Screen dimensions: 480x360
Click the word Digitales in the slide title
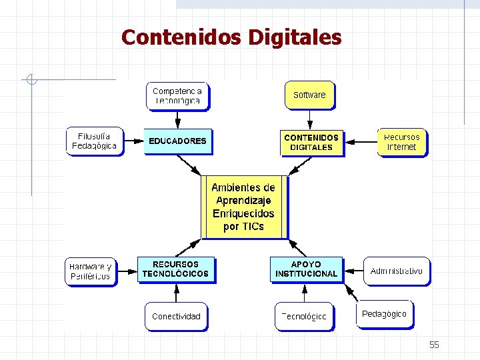(295, 37)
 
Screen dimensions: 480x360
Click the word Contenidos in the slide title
(181, 37)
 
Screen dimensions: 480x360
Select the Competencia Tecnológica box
(177, 95)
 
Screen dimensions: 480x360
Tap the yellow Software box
(309, 95)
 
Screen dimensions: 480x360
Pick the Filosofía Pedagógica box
(95, 141)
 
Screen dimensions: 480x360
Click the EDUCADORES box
(177, 141)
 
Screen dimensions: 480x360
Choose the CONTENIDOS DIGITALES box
(311, 142)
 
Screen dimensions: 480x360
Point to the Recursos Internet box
(402, 142)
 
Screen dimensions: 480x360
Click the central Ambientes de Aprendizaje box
(244, 207)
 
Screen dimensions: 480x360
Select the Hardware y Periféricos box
(90, 271)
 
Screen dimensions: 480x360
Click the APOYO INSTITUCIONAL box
(307, 269)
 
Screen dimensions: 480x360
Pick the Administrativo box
(397, 271)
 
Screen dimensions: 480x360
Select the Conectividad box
(176, 316)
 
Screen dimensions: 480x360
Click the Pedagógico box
(384, 313)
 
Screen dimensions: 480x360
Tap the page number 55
(434, 345)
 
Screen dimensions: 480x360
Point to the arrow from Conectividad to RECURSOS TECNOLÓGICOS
(176, 293)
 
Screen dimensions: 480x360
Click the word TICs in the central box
(253, 227)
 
